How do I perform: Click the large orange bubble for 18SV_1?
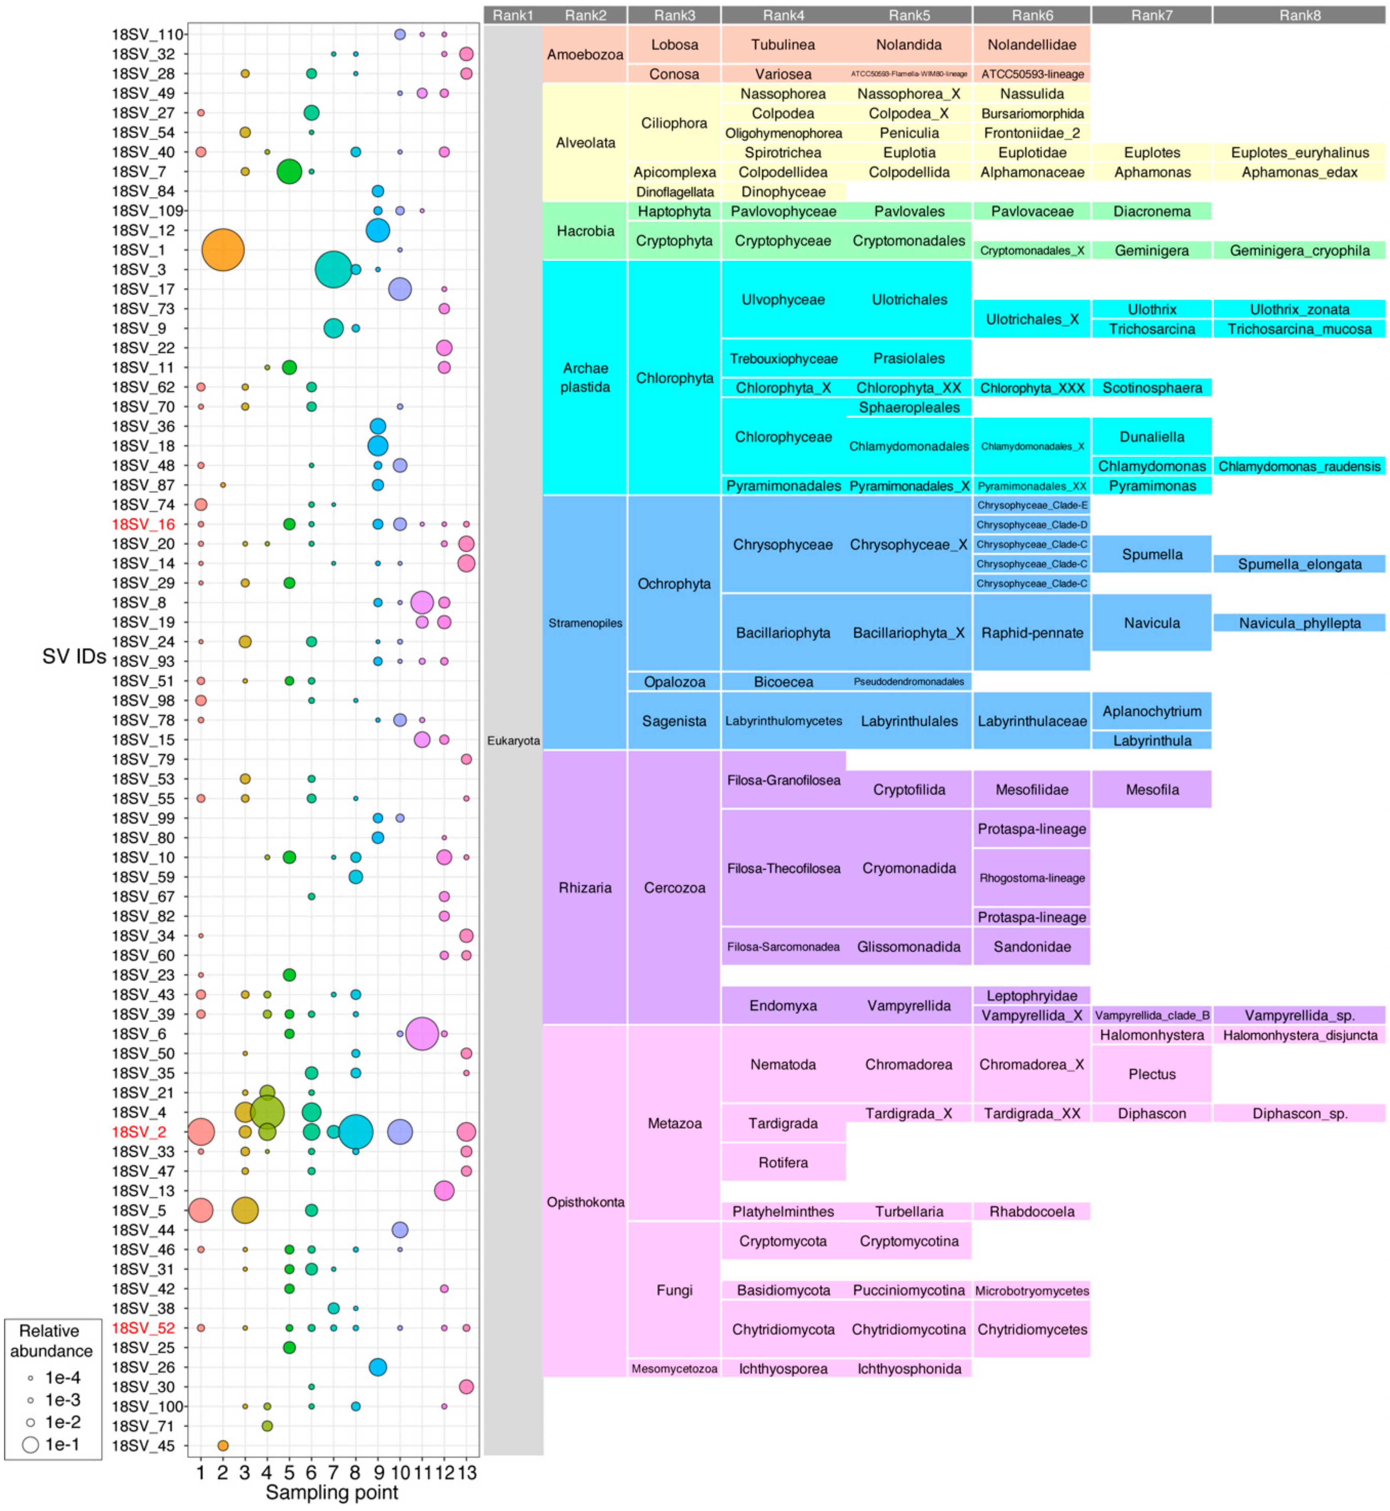tap(223, 250)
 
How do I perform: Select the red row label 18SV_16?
tap(143, 524)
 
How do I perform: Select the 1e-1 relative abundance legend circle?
tap(30, 1444)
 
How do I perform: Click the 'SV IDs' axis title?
tap(74, 656)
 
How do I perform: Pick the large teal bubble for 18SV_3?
tap(333, 269)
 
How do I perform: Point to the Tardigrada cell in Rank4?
tap(783, 1123)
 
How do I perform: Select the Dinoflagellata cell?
tap(674, 192)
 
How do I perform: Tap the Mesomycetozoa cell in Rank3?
tap(674, 1368)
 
